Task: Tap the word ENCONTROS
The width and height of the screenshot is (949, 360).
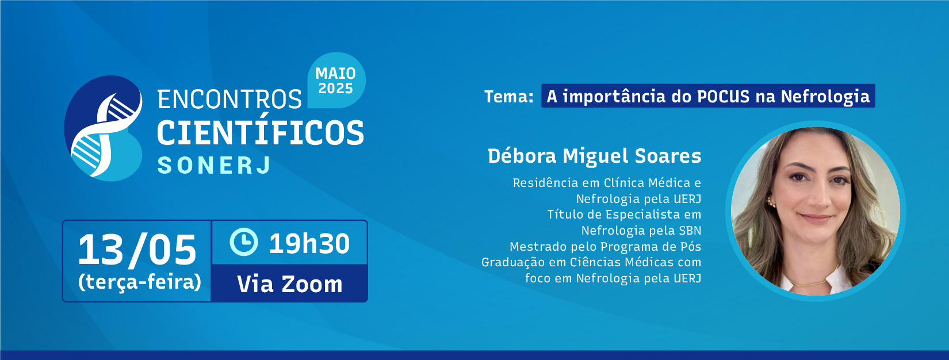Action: click(x=229, y=99)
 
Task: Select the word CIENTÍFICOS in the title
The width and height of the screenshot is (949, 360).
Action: click(x=261, y=132)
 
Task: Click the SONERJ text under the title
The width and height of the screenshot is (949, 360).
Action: click(x=214, y=166)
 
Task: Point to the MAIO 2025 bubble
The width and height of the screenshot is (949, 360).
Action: click(x=336, y=81)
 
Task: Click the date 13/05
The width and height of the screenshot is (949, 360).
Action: click(x=137, y=250)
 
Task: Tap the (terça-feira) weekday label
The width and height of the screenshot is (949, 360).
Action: click(x=139, y=282)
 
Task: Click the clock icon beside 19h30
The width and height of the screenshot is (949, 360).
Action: click(x=244, y=242)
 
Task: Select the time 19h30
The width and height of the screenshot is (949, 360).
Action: click(x=309, y=243)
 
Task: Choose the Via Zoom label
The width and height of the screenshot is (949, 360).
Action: click(x=290, y=284)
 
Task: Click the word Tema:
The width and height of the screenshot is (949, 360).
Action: click(x=509, y=97)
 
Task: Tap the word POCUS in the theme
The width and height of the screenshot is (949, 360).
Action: click(x=723, y=97)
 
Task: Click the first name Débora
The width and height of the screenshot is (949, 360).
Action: click(x=522, y=156)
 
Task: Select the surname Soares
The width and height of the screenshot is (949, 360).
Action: click(x=668, y=156)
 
